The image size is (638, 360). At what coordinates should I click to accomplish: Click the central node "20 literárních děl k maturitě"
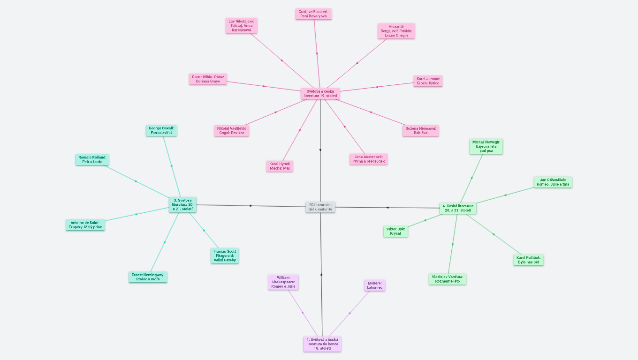click(320, 207)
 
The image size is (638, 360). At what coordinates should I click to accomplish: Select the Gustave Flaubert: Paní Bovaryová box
click(313, 14)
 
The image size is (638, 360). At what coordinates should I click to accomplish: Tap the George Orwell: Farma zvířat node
click(161, 130)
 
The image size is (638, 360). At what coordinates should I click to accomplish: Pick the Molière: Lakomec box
click(374, 285)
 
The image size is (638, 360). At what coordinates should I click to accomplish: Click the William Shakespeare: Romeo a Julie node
click(283, 282)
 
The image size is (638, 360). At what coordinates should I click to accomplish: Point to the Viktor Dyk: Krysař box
click(395, 231)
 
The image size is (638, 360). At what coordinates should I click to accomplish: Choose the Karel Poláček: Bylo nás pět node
click(528, 260)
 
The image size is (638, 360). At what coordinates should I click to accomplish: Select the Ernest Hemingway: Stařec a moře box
click(148, 277)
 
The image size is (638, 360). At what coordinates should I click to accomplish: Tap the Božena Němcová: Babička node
click(420, 130)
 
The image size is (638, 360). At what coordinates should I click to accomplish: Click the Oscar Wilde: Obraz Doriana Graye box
click(208, 79)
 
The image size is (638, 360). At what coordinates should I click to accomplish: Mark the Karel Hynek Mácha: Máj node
click(280, 166)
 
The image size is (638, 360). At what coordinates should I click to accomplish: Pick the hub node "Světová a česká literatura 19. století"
click(320, 94)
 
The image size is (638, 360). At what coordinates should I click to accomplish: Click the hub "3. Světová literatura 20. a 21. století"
click(182, 204)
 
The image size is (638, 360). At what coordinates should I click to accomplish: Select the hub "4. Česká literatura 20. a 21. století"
click(458, 208)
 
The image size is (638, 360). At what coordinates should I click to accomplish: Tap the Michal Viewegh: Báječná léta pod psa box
click(486, 146)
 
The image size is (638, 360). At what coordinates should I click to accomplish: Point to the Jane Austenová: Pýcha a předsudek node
click(369, 159)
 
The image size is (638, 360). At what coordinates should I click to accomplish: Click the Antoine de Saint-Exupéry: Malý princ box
click(85, 225)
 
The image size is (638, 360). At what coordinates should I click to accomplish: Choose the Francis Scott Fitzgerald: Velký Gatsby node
click(225, 255)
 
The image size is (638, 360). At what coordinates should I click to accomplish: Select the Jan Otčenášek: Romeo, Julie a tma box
click(553, 182)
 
